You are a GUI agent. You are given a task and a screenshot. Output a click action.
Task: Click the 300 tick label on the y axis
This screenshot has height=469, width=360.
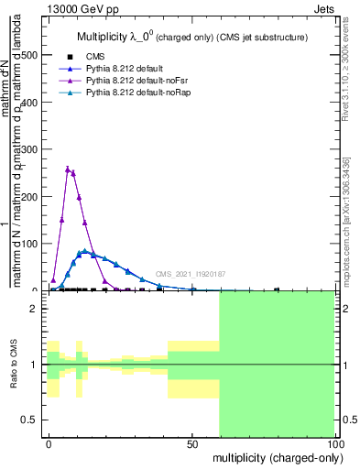point(29,149)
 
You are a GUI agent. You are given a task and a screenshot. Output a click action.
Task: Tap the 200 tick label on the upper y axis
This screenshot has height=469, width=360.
point(29,196)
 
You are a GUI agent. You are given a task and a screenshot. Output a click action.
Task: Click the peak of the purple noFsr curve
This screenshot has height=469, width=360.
point(68,169)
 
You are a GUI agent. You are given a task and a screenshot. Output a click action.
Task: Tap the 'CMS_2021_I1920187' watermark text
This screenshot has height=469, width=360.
point(191,274)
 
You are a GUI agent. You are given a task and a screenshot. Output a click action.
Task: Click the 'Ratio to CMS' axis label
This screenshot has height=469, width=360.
point(15,365)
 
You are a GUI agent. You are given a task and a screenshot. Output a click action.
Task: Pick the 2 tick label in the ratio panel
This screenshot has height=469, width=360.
point(33,309)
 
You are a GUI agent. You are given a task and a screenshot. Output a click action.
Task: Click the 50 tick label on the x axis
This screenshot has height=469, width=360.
point(192,442)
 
